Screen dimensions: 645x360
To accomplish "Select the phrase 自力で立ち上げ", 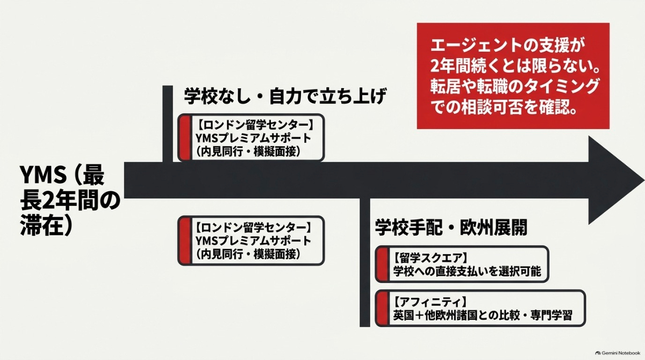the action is (x=327, y=96).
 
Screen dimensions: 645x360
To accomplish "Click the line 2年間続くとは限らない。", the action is (x=515, y=67).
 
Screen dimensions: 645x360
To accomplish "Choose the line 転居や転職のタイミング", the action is (x=514, y=87).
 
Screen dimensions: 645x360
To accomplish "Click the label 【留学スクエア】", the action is (x=429, y=257).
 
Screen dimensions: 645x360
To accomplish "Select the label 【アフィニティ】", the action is (x=429, y=302).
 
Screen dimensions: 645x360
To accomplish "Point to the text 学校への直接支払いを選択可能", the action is (x=467, y=271).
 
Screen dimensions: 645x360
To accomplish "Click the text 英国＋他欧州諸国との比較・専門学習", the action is (x=483, y=315).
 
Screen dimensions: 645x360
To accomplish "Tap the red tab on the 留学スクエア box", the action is (x=382, y=264).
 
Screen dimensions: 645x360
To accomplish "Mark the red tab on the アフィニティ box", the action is (x=382, y=308).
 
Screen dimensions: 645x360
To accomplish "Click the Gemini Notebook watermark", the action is (x=618, y=353).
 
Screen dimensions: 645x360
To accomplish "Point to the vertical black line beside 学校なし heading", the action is (x=168, y=124).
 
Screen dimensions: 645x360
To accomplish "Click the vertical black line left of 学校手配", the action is (x=365, y=262).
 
